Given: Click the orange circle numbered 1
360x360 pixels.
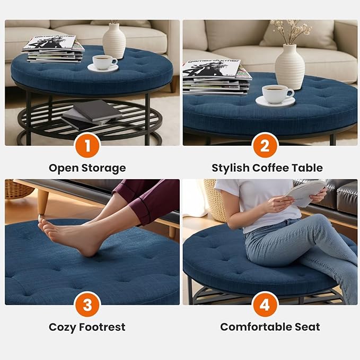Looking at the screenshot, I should coord(87,144).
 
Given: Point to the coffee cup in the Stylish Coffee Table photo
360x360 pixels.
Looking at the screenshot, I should coord(277,94).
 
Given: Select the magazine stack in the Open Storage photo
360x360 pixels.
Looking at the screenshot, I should coord(52,49).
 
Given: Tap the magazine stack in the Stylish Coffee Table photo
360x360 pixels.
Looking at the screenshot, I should coord(215,77).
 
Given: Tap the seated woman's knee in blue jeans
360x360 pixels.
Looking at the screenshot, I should coord(318,223).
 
